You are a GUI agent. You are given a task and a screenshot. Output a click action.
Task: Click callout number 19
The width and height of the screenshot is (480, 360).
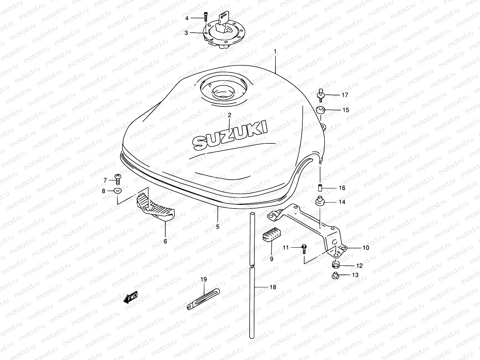[x=204, y=280]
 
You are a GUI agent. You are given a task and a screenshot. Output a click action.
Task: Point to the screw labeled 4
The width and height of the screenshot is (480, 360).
[x=205, y=17]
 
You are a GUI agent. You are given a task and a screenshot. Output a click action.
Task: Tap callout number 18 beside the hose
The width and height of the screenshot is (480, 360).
[x=272, y=287]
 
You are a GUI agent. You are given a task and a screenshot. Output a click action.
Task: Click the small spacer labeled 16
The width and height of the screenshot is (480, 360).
[x=320, y=188]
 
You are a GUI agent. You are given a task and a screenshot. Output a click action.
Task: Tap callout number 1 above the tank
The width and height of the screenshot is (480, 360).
[x=275, y=52]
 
